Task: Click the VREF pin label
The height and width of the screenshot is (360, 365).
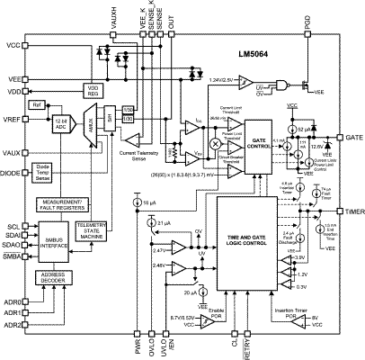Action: [12, 118]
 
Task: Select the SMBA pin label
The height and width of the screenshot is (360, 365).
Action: [12, 256]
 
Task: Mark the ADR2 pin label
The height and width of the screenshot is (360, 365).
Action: [12, 325]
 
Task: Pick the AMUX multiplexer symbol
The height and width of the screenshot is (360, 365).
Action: [90, 127]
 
